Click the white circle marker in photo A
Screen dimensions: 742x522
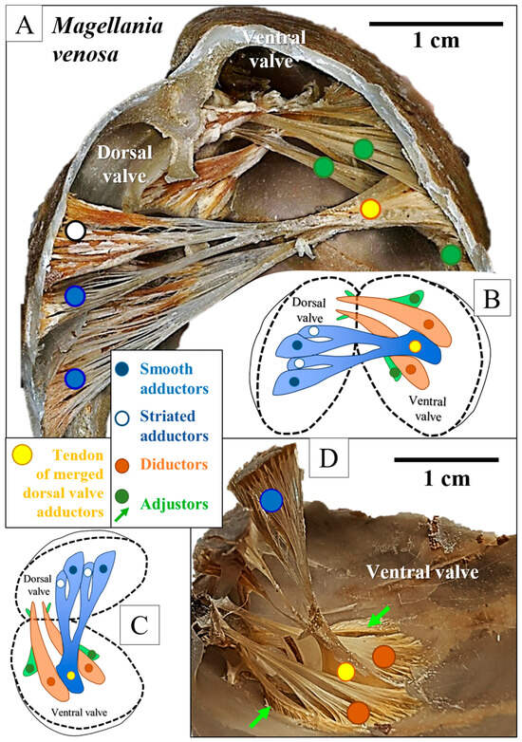(77, 230)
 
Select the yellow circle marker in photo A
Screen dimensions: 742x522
(370, 208)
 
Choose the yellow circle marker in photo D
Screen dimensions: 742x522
(345, 672)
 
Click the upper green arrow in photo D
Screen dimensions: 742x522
(378, 619)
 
